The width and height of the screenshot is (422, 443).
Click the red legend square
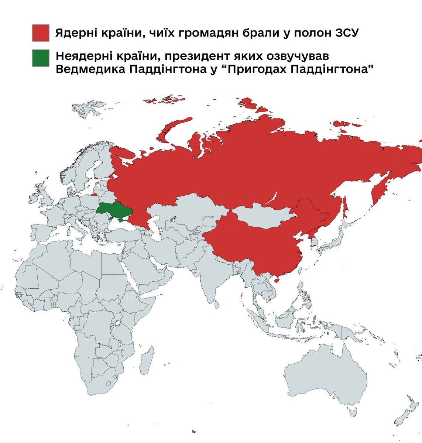click(x=41, y=33)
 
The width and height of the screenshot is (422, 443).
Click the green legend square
click(x=41, y=58)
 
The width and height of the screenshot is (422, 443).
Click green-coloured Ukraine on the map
click(x=115, y=211)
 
